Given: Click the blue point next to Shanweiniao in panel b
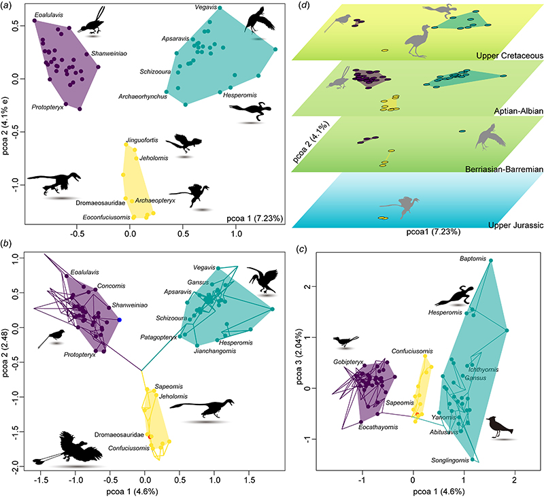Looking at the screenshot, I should (120, 320).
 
